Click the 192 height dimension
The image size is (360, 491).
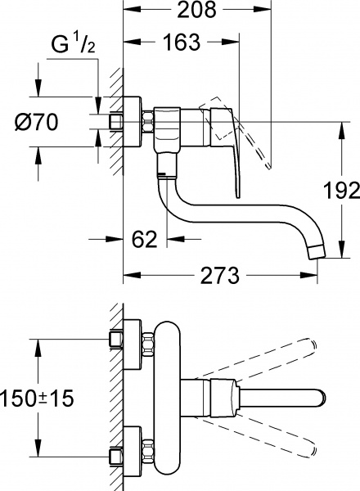[x=341, y=191]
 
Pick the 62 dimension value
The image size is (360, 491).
[x=144, y=240]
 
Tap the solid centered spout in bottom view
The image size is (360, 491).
[x=278, y=394]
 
